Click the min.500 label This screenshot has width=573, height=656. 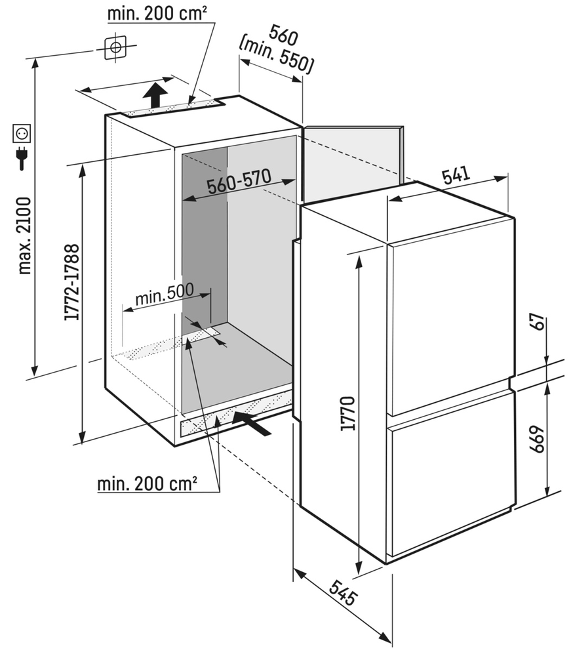165,297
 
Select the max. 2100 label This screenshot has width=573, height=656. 25,236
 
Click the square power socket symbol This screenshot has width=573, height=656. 22,134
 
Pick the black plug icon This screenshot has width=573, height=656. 22,157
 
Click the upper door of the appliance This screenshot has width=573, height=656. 450,321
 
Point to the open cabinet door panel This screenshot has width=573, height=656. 354,161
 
